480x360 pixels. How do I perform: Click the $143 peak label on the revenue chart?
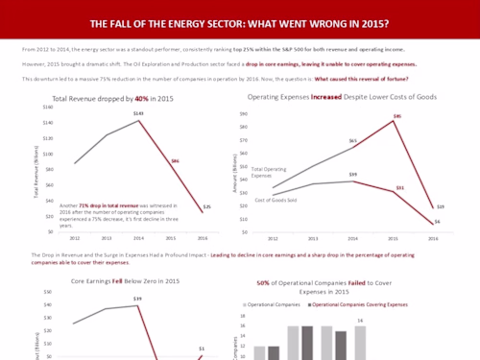coord(137,113)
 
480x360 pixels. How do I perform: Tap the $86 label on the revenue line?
coord(176,160)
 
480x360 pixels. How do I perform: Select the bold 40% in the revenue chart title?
coord(142,99)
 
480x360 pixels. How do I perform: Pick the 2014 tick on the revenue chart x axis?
coord(138,237)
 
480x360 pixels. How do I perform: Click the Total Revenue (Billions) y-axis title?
coord(36,172)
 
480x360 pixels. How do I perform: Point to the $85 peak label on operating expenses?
coord(396,119)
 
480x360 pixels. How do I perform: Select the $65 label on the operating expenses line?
coord(353,141)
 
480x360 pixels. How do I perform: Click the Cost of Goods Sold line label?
coord(276,200)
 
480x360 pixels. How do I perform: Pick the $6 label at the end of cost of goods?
coord(438,222)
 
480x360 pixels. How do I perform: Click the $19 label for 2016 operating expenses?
coord(440,206)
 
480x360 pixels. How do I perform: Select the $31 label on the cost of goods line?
coord(400,187)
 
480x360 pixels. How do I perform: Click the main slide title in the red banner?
coord(239,23)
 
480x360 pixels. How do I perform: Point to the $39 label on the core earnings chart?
coord(137,300)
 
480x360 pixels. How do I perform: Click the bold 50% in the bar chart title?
coord(264,284)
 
